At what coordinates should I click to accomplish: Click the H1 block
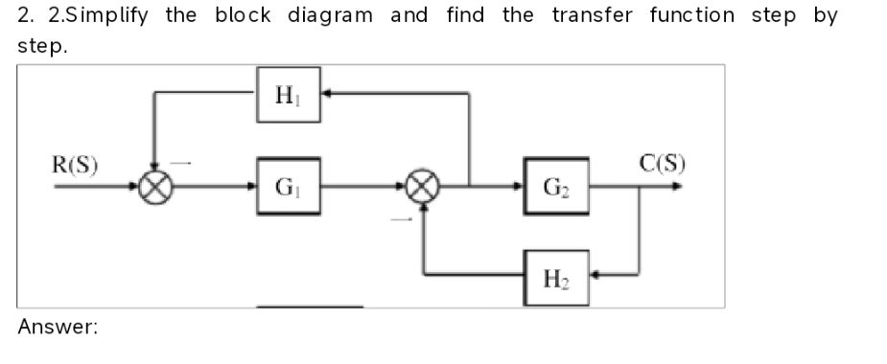coord(288,95)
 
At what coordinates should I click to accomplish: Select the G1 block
coord(288,186)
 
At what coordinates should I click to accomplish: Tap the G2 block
coord(556,186)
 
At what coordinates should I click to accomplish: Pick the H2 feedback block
coord(556,278)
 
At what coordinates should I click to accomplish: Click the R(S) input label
coord(75,163)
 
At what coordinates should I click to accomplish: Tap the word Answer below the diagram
coord(58,328)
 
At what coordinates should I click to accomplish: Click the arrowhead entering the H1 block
coord(327,94)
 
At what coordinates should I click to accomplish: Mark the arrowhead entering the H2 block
coord(595,277)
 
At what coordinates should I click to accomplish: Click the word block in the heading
coord(243,16)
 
